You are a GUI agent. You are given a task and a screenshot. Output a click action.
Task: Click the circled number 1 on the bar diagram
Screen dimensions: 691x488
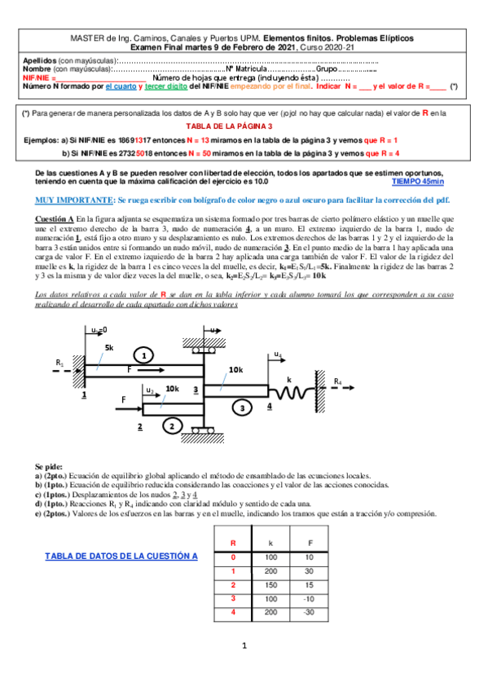(x=143, y=354)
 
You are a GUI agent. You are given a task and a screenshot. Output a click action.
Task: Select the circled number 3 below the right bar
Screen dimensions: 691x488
(x=241, y=406)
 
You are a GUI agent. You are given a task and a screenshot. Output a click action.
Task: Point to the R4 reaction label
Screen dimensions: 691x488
(x=337, y=381)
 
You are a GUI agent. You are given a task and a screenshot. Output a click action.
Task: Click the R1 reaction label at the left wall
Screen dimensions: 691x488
(x=59, y=362)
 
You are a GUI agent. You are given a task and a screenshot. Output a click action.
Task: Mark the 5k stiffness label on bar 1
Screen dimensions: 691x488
(x=108, y=347)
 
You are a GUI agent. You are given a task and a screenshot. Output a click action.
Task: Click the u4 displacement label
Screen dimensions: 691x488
(x=279, y=354)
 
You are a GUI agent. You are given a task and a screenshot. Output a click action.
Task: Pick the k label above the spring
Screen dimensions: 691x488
(x=289, y=379)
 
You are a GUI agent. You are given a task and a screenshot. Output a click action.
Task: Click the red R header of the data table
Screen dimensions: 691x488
(x=234, y=542)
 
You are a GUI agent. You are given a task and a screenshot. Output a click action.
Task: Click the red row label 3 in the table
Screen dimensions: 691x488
(x=234, y=599)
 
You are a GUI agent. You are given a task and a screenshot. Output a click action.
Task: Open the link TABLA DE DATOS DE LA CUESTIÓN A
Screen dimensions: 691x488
(x=118, y=556)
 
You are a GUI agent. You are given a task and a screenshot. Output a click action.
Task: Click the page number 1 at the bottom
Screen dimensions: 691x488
(x=244, y=646)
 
